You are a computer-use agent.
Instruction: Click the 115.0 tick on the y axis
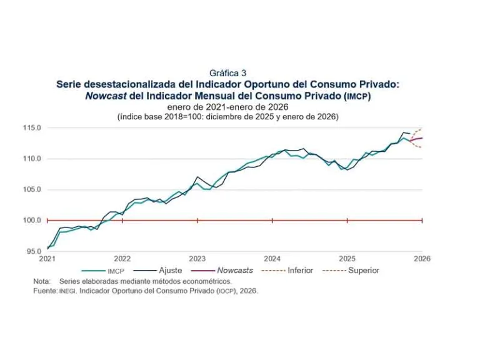[32, 128]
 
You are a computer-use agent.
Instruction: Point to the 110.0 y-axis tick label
[32, 159]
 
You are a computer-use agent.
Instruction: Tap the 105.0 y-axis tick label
[32, 189]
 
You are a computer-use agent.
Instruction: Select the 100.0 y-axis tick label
[32, 220]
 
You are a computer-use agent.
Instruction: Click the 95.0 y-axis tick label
[34, 251]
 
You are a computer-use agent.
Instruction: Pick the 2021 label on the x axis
[47, 258]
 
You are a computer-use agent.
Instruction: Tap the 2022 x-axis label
[122, 258]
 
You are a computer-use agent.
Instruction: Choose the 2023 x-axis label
[197, 258]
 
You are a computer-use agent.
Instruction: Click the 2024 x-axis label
[272, 258]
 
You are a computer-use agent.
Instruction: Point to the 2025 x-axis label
[347, 258]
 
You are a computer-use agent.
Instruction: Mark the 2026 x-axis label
[422, 258]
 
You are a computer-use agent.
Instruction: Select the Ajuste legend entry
[170, 271]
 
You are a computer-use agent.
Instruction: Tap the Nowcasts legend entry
[234, 271]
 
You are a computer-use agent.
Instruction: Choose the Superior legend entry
[364, 271]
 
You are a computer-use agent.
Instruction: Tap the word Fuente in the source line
[45, 291]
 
